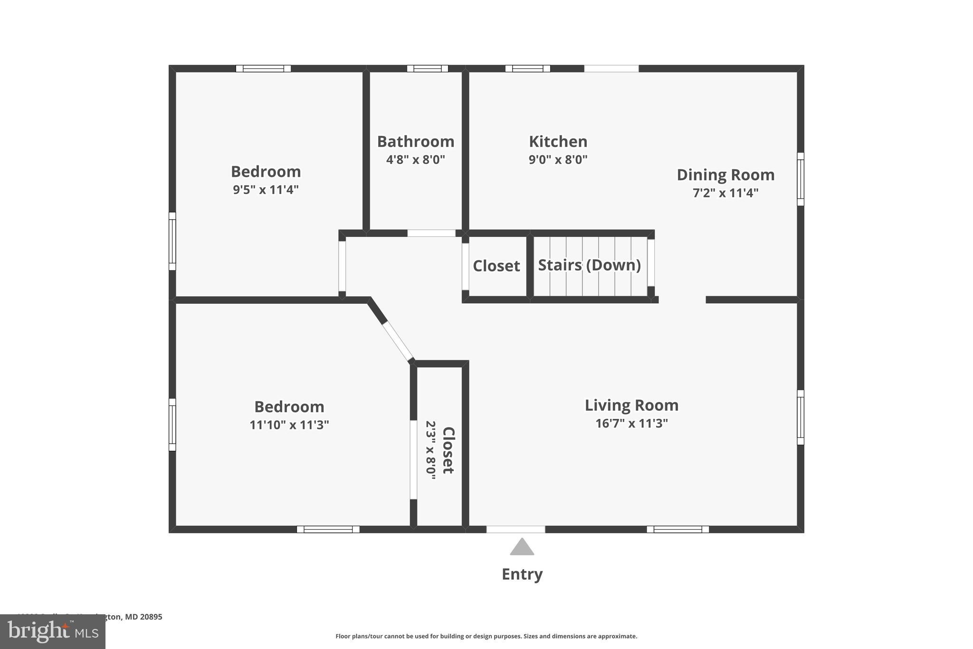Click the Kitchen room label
558,142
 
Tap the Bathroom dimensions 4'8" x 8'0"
415,159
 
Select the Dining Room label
725,175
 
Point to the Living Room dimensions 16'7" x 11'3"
631,423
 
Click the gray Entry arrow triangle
522,547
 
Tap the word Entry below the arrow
522,574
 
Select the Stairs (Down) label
589,265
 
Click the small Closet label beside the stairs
496,266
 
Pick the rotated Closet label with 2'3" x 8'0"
440,450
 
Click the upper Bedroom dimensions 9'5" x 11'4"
266,190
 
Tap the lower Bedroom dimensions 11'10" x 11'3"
289,425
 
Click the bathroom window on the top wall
427,68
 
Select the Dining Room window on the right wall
800,179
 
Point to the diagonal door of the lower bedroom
398,341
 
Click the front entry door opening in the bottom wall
515,529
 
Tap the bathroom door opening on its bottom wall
431,233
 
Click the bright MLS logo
52,631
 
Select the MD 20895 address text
143,617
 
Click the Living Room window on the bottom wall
677,529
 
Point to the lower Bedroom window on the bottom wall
328,529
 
